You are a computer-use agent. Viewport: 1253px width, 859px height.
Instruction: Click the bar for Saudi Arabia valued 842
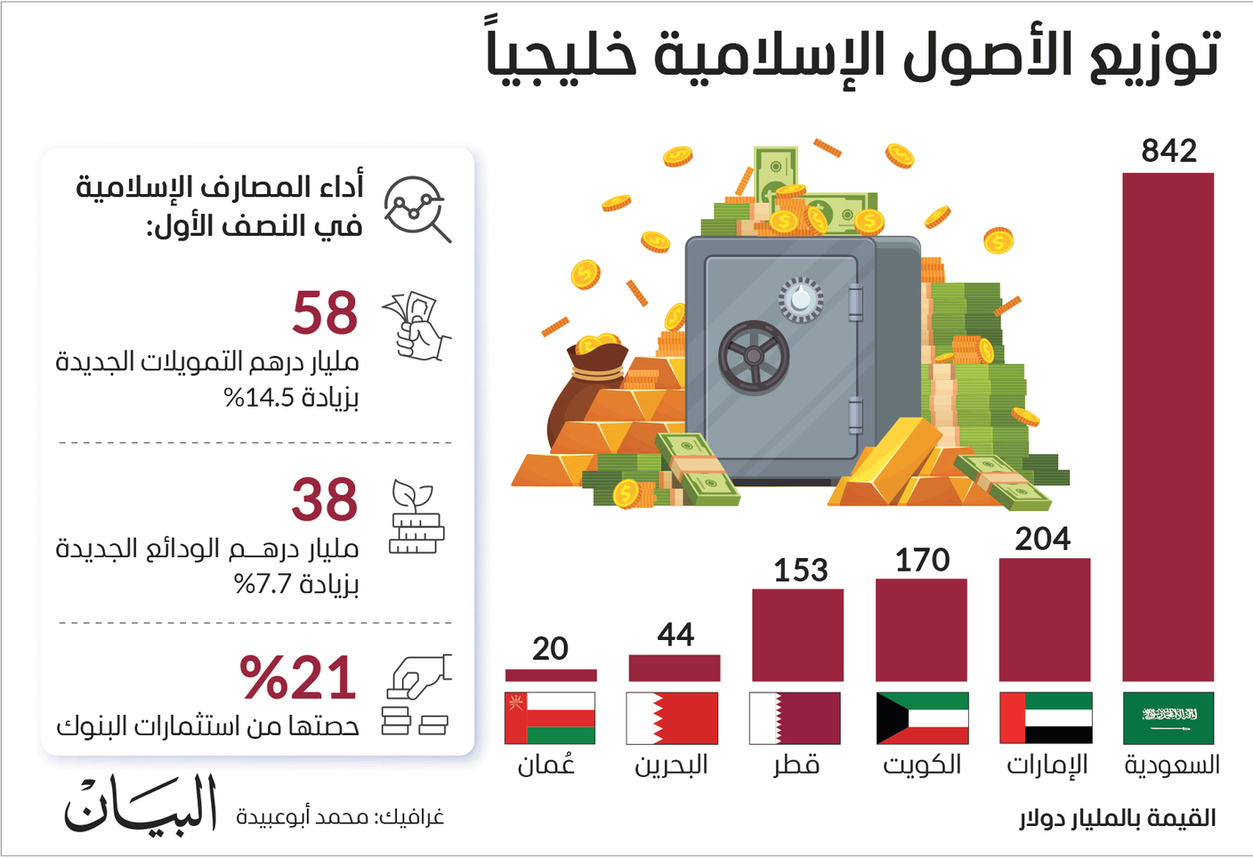coord(1168,426)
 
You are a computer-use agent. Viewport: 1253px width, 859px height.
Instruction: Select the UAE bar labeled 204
coord(1045,620)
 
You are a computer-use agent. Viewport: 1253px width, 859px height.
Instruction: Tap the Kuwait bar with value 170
coord(921,630)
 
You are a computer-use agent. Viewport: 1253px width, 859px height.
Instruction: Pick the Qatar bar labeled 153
coord(797,636)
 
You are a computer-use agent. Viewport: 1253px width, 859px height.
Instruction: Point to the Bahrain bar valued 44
coord(674,669)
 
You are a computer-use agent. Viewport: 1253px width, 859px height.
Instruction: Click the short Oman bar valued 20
coord(551,675)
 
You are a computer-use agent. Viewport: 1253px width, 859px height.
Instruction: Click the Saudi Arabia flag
coord(1168,718)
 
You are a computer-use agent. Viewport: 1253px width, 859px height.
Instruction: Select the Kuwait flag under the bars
coord(923,718)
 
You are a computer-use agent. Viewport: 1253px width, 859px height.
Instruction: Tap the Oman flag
coord(550,718)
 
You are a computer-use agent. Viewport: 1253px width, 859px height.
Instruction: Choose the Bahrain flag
coord(672,718)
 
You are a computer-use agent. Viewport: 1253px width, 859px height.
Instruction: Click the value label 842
coord(1169,151)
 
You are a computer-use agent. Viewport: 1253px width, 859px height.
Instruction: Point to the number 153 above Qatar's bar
coord(800,571)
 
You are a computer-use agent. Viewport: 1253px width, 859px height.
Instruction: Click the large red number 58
coord(325,312)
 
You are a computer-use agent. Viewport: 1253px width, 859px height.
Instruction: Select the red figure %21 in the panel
coord(297,677)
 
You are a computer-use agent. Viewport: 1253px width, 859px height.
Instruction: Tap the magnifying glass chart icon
coord(416,208)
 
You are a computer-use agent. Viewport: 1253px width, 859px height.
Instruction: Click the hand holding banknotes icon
coord(416,326)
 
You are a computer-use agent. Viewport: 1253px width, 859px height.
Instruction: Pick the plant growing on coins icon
coord(416,517)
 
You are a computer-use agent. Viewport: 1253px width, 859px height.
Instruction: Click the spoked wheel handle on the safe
coord(754,355)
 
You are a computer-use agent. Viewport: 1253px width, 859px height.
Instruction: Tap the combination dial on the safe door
coord(801,298)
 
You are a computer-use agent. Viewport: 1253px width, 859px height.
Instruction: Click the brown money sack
coord(585,394)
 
